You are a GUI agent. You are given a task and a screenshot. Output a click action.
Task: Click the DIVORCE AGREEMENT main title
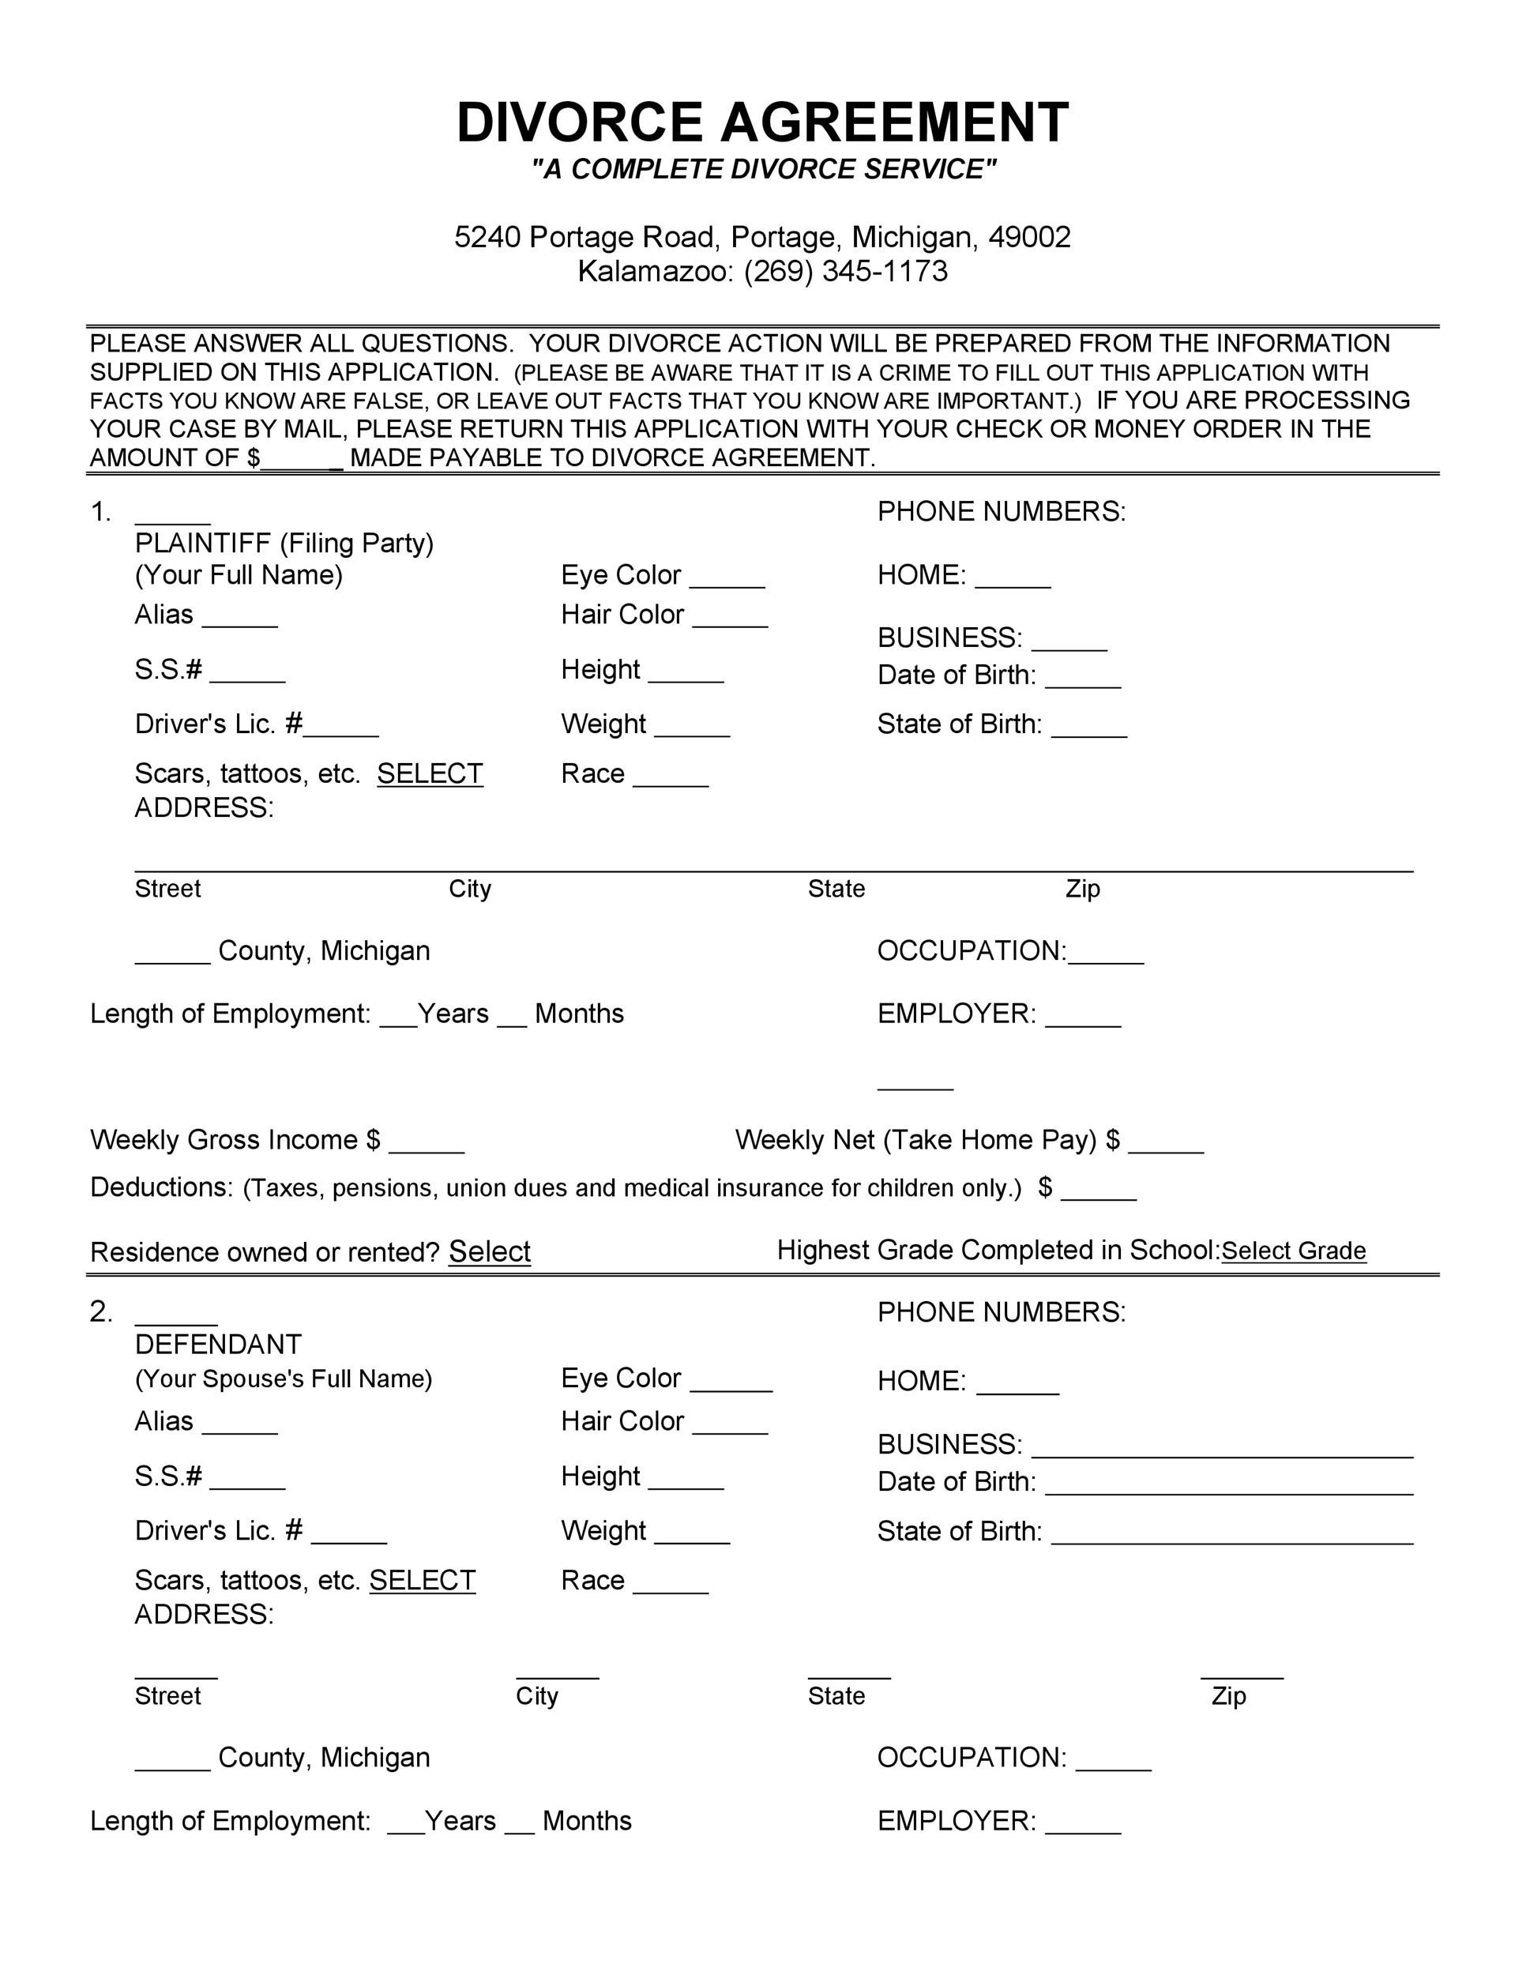pyautogui.click(x=762, y=123)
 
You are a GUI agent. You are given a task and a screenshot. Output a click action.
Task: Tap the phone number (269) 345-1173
pyautogui.click(x=845, y=271)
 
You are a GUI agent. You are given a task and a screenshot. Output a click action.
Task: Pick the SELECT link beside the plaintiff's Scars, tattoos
pyautogui.click(x=430, y=774)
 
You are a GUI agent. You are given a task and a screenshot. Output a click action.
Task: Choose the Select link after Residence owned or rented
pyautogui.click(x=489, y=1251)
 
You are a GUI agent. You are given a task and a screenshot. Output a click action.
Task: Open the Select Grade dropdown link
pyautogui.click(x=1293, y=1251)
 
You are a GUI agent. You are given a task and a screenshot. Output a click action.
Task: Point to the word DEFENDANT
pyautogui.click(x=218, y=1345)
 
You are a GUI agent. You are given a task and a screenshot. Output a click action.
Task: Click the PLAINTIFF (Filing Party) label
pyautogui.click(x=284, y=544)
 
